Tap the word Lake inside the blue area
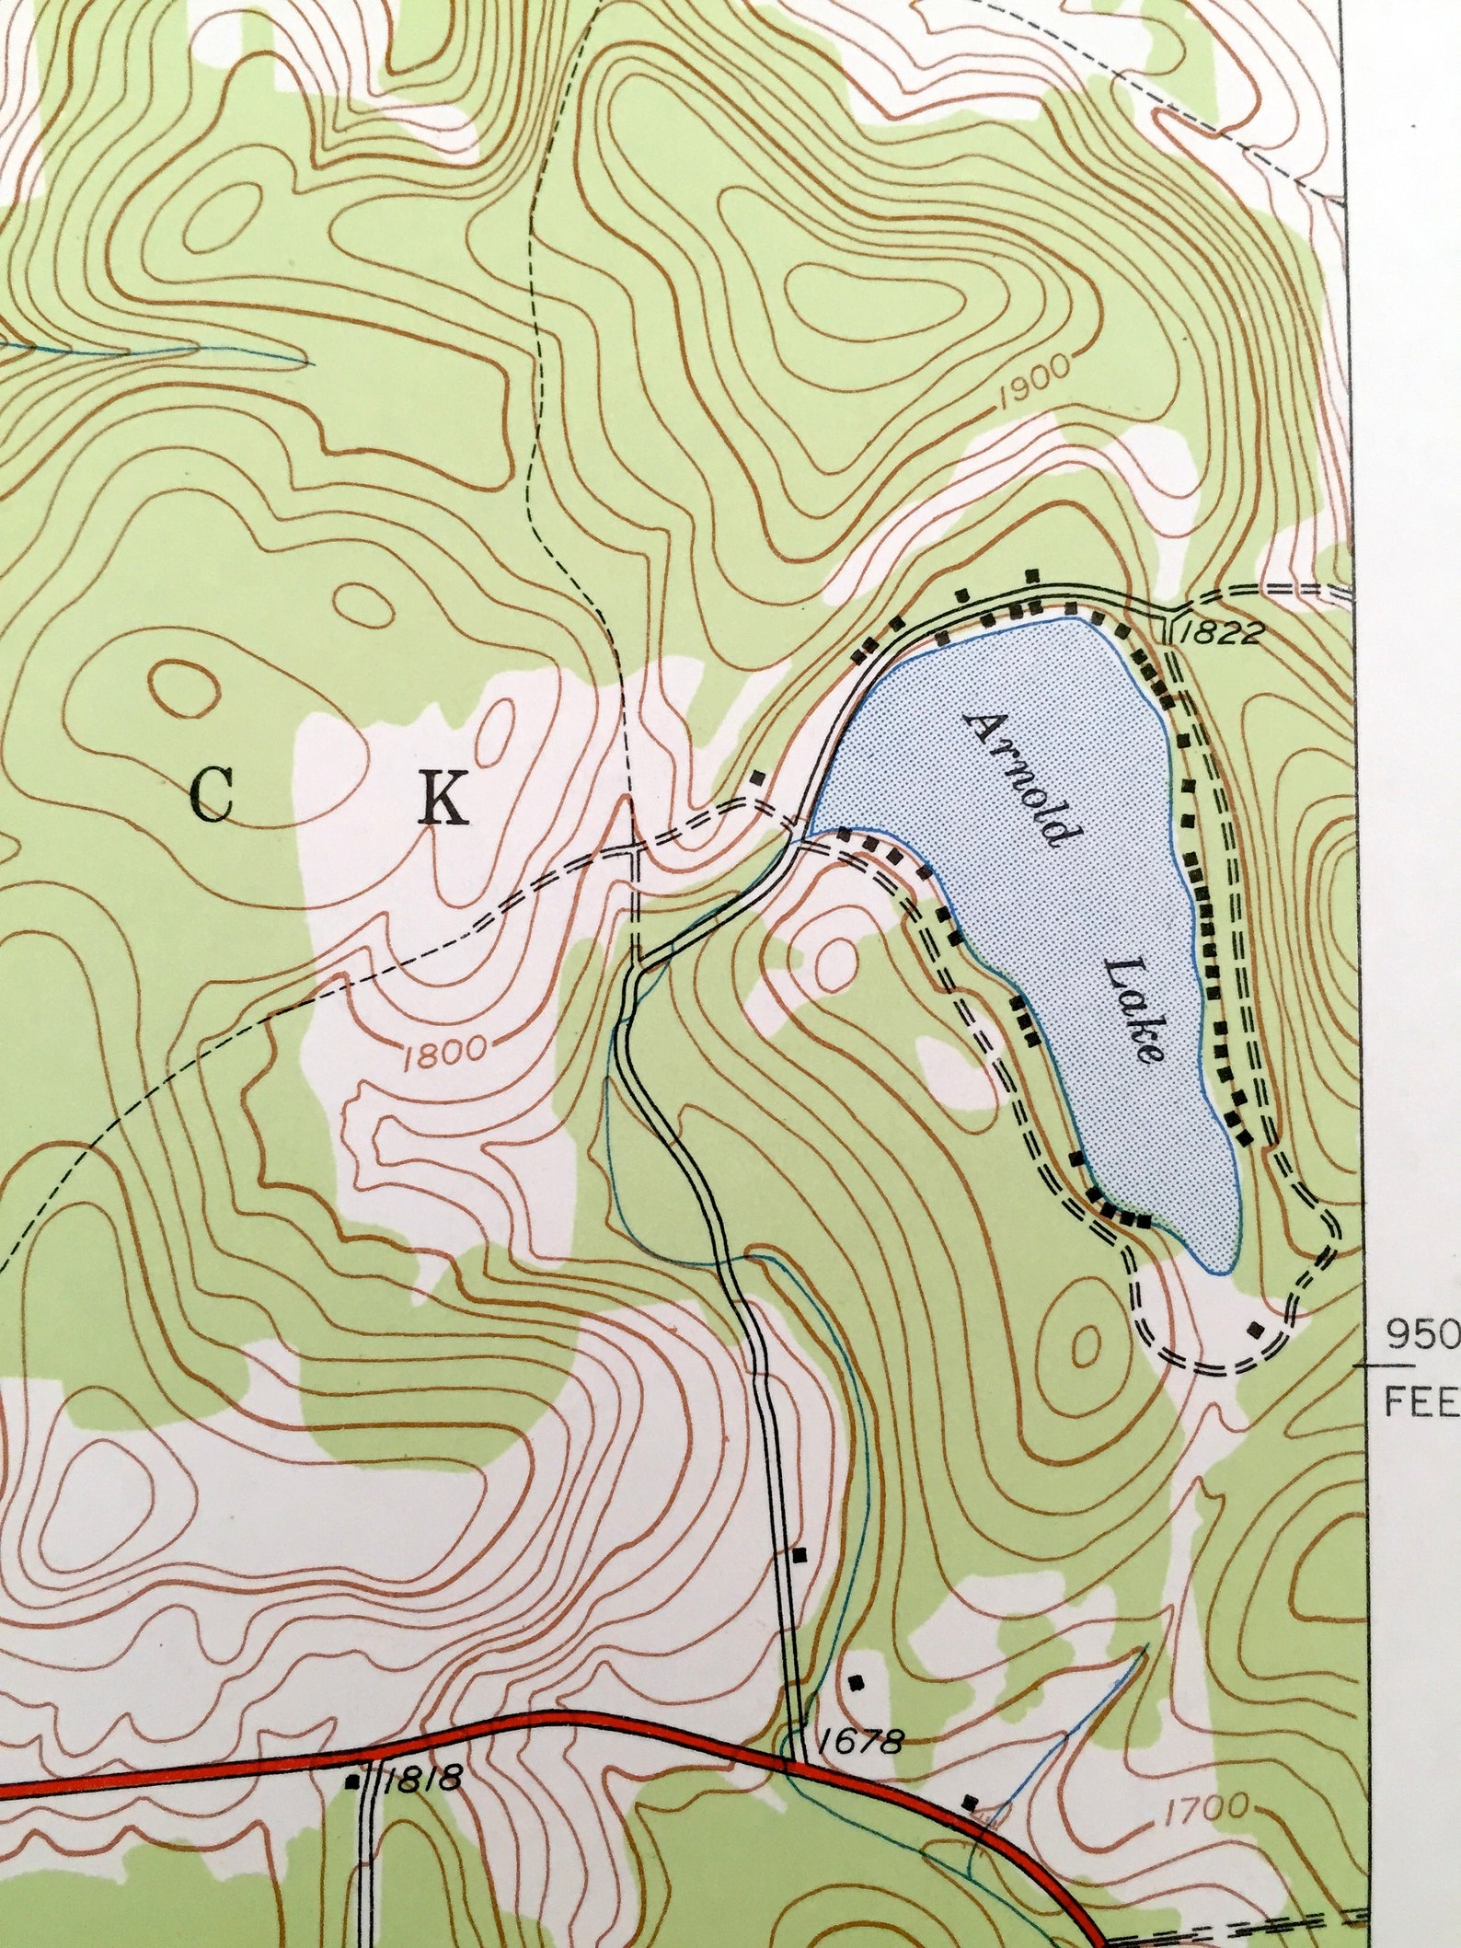pyautogui.click(x=1133, y=1009)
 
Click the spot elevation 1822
pyautogui.click(x=1221, y=633)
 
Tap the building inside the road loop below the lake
pyautogui.click(x=1255, y=1329)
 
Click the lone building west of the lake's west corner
pyautogui.click(x=757, y=778)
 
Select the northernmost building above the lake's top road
pyautogui.click(x=1032, y=575)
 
